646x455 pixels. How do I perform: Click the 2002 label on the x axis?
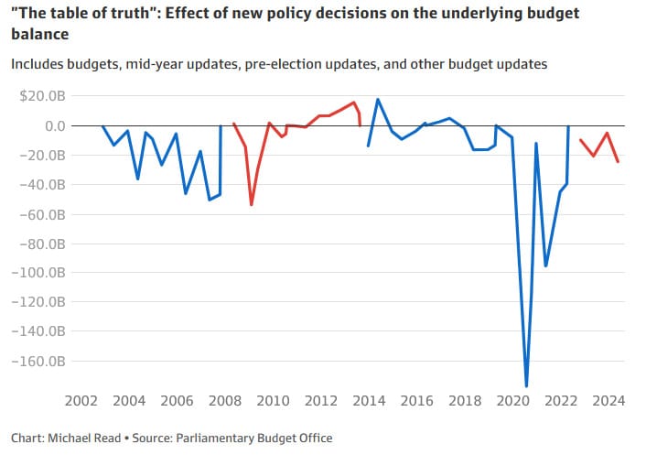point(81,400)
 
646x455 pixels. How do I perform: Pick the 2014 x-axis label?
point(369,400)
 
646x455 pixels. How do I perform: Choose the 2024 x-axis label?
point(608,400)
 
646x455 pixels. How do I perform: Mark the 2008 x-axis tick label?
point(225,400)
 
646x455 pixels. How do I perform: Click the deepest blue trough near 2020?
point(526,385)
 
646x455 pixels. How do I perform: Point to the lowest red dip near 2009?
point(251,204)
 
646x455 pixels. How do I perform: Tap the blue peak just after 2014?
point(378,99)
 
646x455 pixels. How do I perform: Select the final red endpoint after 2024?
point(619,162)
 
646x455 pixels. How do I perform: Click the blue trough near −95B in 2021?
point(546,265)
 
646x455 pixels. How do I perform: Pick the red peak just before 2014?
point(354,103)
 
